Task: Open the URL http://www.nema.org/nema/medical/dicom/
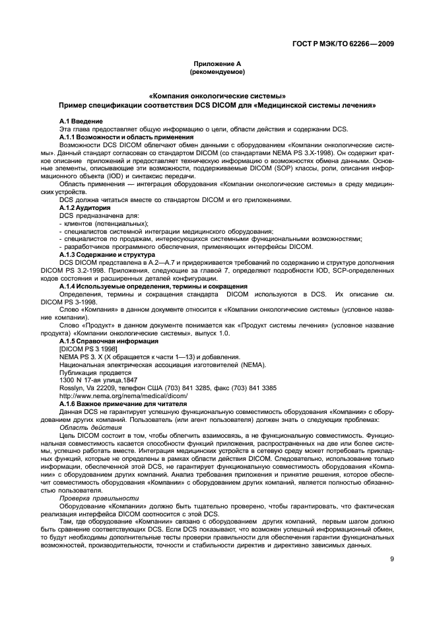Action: [123, 395]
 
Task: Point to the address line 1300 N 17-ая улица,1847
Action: [98, 380]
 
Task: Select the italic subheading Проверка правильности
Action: [100, 498]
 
